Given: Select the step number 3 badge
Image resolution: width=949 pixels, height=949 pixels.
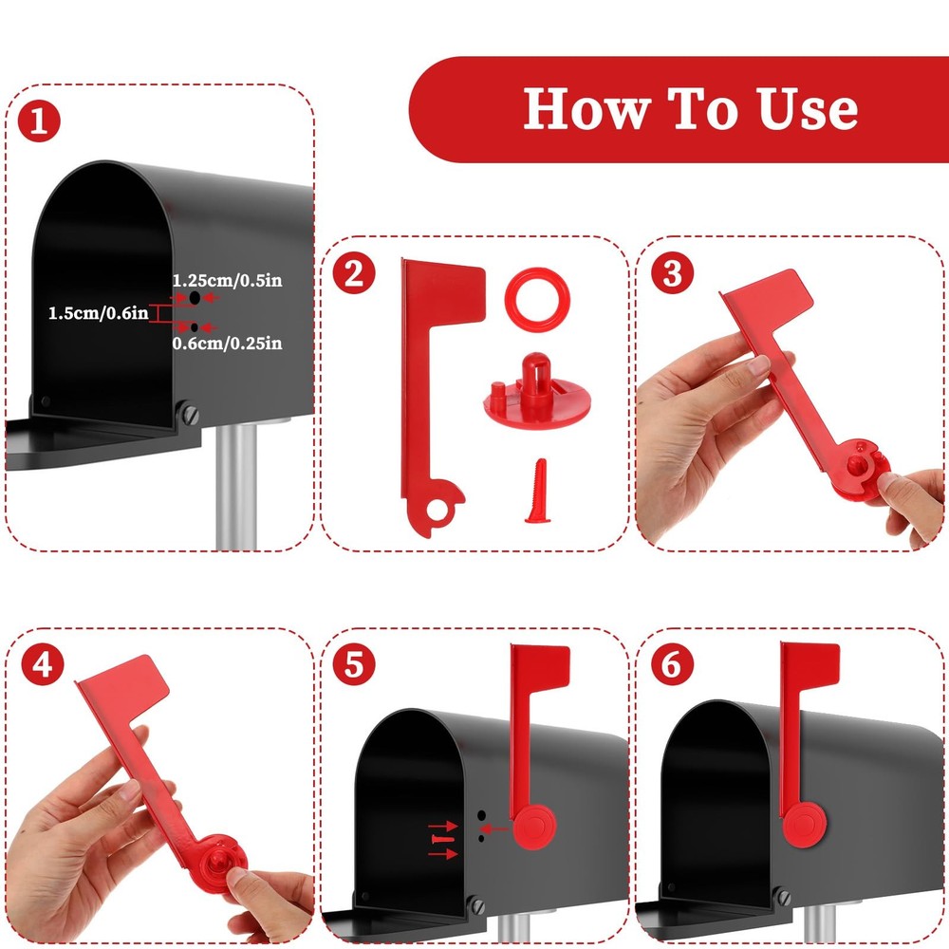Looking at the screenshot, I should [672, 273].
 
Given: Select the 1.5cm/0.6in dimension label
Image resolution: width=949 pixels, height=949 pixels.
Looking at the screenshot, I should [98, 311].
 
